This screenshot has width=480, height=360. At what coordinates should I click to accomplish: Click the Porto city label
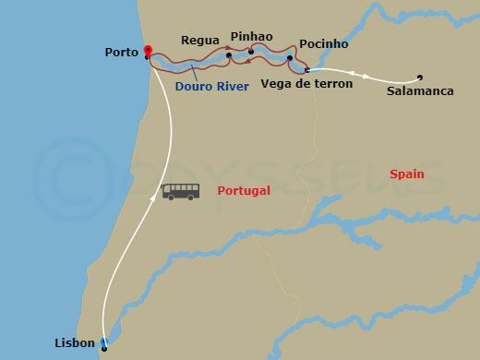coord(122,53)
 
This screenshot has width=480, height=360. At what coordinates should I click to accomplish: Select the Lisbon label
coord(75,343)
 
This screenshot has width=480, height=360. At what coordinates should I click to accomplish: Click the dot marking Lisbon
coord(104,347)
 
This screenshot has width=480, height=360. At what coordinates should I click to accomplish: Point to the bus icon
coord(181,191)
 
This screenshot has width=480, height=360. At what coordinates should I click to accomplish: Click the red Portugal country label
coord(244,191)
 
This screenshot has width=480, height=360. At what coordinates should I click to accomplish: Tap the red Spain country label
coord(407,174)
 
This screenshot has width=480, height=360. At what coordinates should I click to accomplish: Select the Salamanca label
coord(420,91)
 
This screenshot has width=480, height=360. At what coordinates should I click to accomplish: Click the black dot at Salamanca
coord(420,78)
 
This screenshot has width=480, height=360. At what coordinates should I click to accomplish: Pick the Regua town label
coord(200,41)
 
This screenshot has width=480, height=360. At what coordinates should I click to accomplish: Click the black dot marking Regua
coord(229,55)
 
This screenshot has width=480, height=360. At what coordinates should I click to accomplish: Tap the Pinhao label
coord(251,37)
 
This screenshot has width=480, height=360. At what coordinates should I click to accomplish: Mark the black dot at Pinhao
coord(251,52)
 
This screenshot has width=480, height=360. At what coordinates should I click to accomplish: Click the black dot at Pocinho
coord(290,58)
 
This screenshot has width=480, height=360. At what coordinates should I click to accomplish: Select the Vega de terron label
coord(307,83)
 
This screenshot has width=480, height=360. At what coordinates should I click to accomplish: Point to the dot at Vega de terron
coord(306,69)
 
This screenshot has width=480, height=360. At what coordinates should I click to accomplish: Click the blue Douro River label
coord(211,87)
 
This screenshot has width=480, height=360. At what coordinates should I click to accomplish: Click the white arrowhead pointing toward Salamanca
coord(365,76)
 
